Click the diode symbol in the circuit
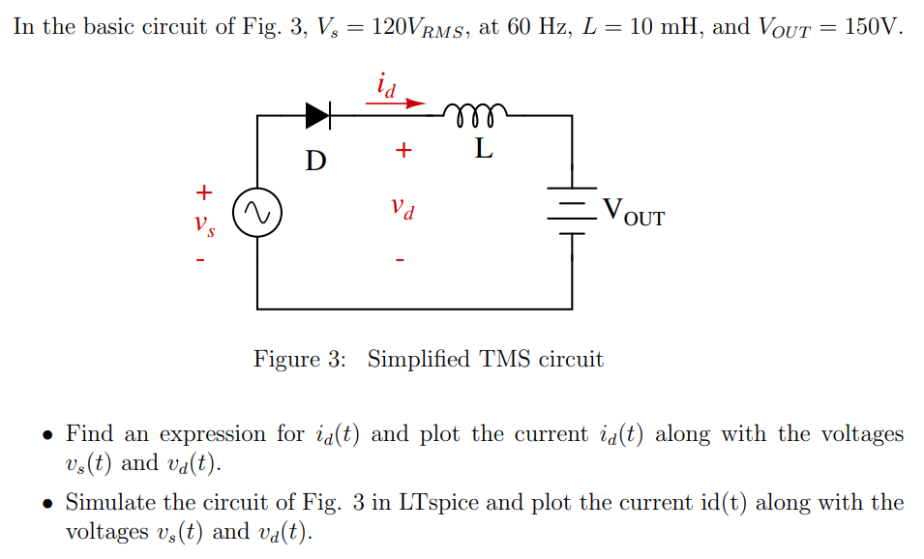[318, 115]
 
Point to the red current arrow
[396, 102]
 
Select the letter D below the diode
[315, 160]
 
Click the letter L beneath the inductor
[484, 150]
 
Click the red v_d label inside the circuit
[403, 207]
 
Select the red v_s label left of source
[203, 225]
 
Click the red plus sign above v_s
[203, 191]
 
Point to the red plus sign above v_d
[403, 151]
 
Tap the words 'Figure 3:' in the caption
[299, 360]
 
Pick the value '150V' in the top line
[872, 26]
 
